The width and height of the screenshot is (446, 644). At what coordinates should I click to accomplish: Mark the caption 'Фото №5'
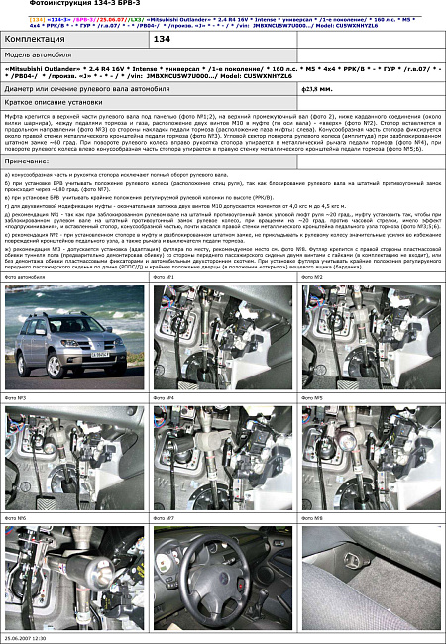pyautogui.click(x=313, y=397)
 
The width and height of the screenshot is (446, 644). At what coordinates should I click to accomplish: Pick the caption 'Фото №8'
pyautogui.click(x=313, y=517)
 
